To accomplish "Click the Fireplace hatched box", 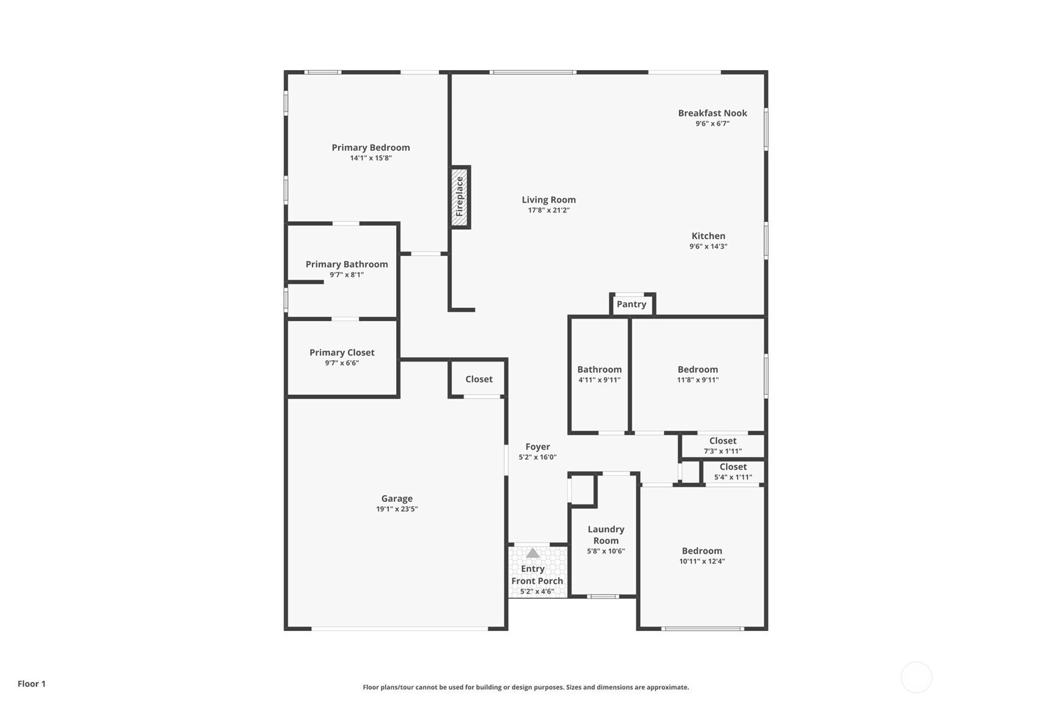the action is [x=460, y=196].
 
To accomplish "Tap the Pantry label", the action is [x=631, y=304].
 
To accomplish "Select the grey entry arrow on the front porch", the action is [x=533, y=553].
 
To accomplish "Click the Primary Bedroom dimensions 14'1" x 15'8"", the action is [x=371, y=158].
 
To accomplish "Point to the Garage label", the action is [x=397, y=499].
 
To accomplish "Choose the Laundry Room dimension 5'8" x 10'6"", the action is [x=606, y=551].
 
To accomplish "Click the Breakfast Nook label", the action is [x=712, y=113].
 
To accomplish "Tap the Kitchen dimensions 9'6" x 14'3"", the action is [x=708, y=247].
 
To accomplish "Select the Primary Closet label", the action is [x=342, y=353].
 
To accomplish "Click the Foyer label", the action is [x=537, y=447].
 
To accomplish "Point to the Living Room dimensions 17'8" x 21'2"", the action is [x=549, y=210].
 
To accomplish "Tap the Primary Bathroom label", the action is [x=347, y=264].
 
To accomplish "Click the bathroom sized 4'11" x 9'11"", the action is [x=599, y=375].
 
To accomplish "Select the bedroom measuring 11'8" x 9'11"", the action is [x=698, y=375].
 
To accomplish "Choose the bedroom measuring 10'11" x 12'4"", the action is [x=702, y=557].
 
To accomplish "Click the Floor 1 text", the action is [x=32, y=684].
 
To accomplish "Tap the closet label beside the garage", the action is [x=479, y=379].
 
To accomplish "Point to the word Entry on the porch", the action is [x=533, y=569].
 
